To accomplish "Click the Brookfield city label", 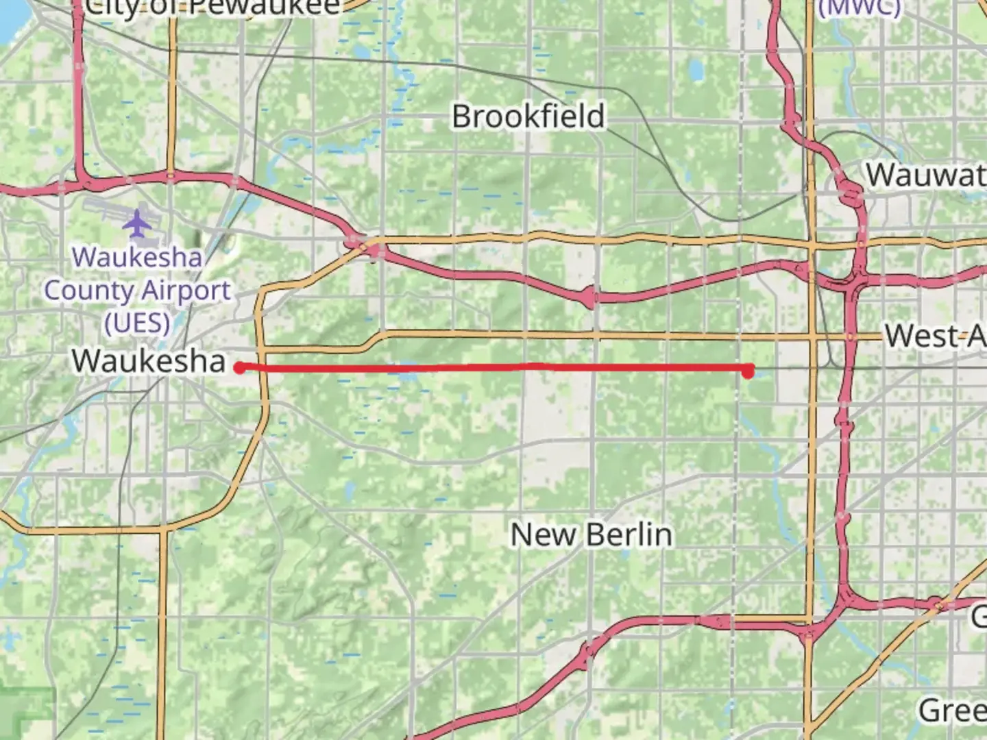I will (528, 116).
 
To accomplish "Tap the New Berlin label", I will (591, 534).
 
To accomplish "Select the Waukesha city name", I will (148, 361).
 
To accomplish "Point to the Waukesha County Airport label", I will (137, 290).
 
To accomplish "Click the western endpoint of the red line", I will (239, 368).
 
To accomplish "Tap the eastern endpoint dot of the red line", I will (748, 371).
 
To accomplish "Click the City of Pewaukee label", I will (212, 7).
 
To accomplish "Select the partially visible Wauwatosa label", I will (925, 175).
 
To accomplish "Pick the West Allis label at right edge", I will (935, 336).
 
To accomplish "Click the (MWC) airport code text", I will (860, 7).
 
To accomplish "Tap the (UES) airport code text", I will (137, 323).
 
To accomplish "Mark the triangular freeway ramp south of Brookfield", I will (588, 297).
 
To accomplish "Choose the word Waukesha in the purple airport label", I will (137, 258).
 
